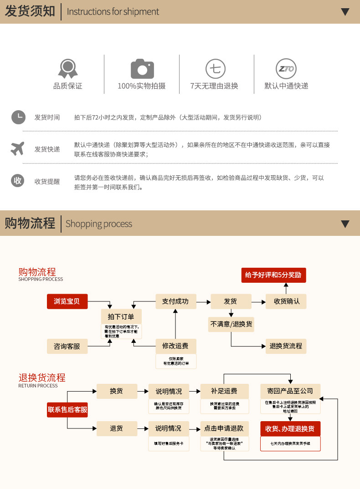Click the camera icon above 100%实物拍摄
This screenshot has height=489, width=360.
click(142, 69)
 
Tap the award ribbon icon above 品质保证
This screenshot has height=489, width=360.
click(68, 69)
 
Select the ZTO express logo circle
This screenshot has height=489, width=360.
click(286, 69)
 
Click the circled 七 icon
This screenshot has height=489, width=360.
click(215, 69)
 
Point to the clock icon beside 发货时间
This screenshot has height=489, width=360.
click(18, 117)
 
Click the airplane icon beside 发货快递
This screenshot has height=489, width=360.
click(18, 148)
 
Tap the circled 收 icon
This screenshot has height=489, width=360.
click(18, 181)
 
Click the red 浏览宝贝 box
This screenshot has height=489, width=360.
click(67, 301)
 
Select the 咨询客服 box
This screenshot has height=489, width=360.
click(67, 346)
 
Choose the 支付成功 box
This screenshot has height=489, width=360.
click(175, 301)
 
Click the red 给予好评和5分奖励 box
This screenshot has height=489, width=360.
click(273, 275)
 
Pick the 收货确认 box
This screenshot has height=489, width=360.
click(286, 301)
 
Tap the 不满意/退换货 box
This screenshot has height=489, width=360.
click(231, 324)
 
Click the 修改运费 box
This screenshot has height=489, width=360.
click(175, 346)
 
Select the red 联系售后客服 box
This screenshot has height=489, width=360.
click(67, 410)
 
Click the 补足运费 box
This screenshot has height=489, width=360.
click(224, 391)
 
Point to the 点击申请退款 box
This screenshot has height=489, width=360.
click(224, 428)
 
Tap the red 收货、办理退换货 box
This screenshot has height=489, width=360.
click(290, 429)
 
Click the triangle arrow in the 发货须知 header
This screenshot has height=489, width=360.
click(345, 12)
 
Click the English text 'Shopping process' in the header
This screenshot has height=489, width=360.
click(99, 224)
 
